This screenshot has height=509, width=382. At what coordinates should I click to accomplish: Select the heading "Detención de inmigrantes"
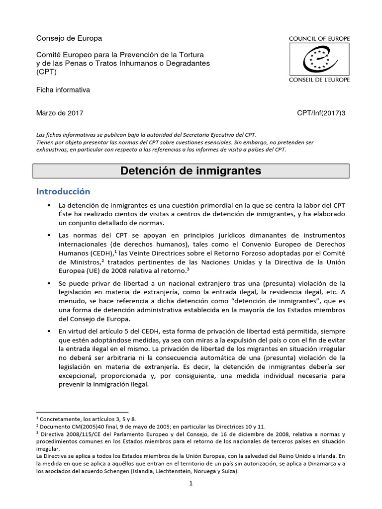pyautogui.click(x=191, y=171)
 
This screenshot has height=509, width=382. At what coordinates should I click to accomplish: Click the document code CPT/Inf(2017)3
pyautogui.click(x=320, y=113)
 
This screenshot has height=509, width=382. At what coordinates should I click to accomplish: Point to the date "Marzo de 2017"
pyautogui.click(x=60, y=113)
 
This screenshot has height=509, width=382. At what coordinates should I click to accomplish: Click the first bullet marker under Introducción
pyautogui.click(x=49, y=205)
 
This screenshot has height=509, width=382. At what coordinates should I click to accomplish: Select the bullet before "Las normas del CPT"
pyautogui.click(x=49, y=235)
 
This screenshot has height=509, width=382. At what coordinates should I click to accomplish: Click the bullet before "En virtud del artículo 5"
pyautogui.click(x=49, y=331)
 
